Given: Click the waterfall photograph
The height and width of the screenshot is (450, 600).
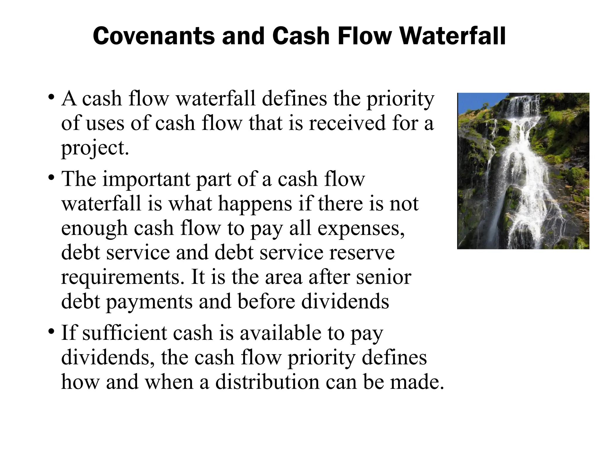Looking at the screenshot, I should [523, 171].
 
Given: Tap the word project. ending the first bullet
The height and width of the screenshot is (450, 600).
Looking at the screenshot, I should [95, 148].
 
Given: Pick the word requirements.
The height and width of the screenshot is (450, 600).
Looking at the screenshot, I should [123, 277].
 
